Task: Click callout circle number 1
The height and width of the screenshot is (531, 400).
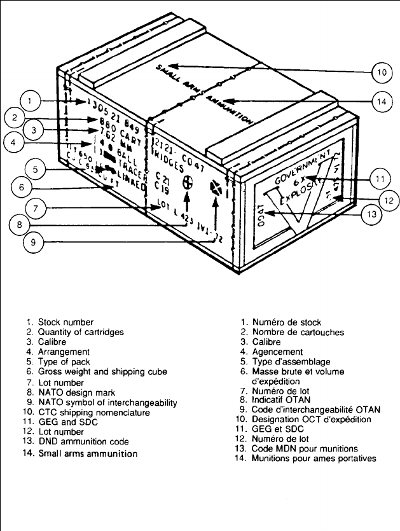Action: point(31,100)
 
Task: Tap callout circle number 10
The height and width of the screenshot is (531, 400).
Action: point(380,72)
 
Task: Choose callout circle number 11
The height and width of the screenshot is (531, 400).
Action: point(379,179)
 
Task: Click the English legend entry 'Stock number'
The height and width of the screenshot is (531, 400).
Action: point(65,322)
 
